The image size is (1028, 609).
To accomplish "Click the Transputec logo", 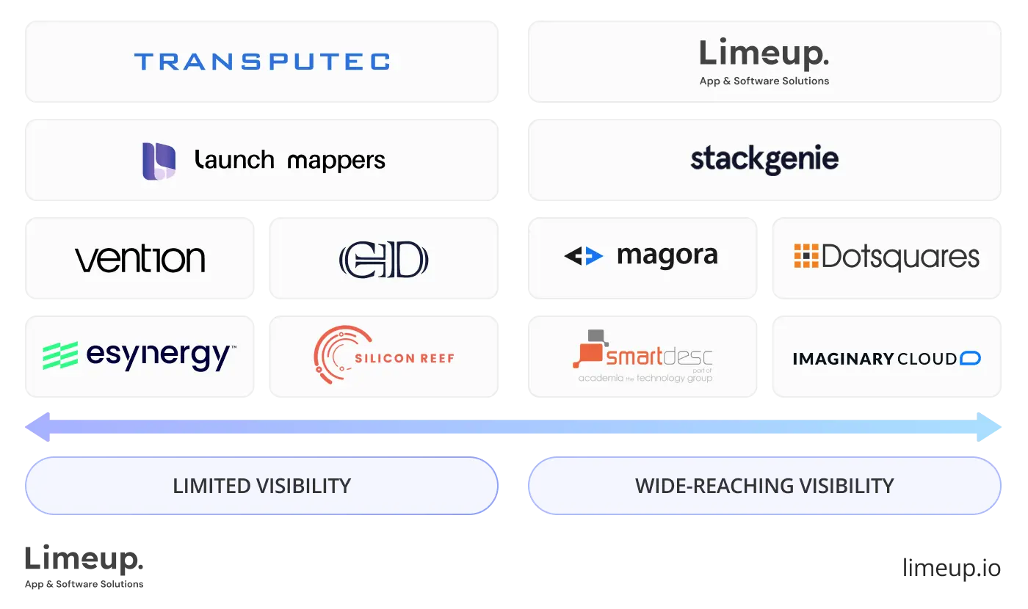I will click(x=261, y=61).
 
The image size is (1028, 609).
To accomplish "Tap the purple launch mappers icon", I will click(x=159, y=161).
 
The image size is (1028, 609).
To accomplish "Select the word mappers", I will click(x=336, y=160).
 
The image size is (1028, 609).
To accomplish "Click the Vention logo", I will click(x=140, y=259).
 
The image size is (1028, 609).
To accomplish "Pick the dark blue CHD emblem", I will click(x=383, y=260).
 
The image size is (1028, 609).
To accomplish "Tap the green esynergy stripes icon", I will click(x=60, y=356).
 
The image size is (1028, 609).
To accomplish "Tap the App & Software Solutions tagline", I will click(x=764, y=81).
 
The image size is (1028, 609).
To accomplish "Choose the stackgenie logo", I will click(x=764, y=159).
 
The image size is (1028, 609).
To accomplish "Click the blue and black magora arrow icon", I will click(x=584, y=256).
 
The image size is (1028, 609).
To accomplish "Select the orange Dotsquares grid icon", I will click(x=806, y=255).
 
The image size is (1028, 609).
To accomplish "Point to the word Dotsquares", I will click(x=901, y=257).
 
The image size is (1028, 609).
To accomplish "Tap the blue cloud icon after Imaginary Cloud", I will click(x=970, y=358).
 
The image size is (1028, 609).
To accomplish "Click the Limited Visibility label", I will click(x=261, y=486).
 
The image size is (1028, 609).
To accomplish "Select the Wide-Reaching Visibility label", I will click(x=764, y=486).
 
